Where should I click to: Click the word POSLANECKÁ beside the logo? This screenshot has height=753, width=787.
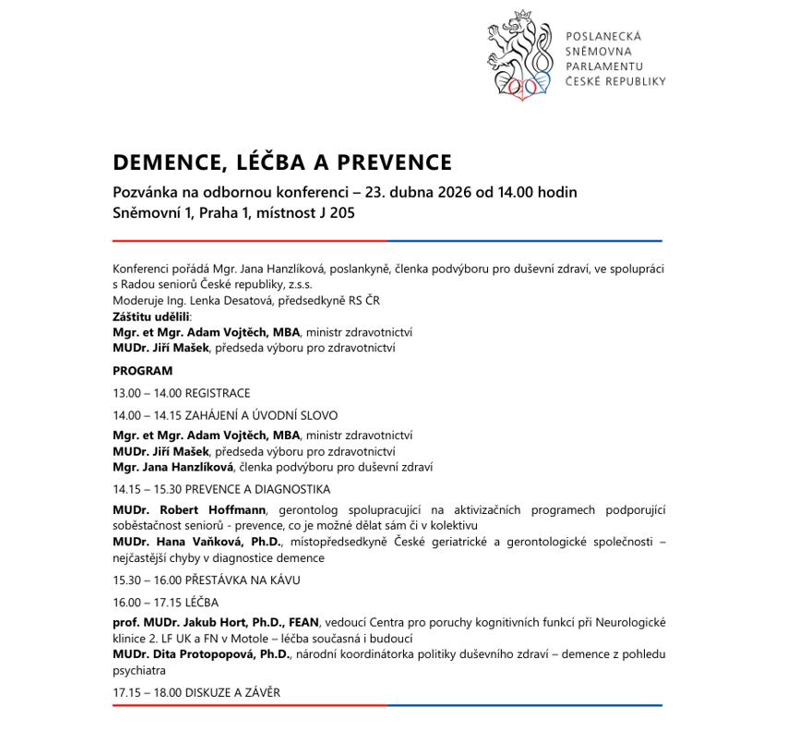(603, 36)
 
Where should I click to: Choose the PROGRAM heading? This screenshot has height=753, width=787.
(142, 371)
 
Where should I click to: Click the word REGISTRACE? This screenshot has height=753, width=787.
(218, 393)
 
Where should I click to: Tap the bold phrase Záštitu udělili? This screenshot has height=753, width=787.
(151, 317)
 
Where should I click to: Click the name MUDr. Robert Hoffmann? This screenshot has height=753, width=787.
(189, 510)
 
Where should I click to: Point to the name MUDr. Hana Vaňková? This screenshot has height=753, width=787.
(185, 542)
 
